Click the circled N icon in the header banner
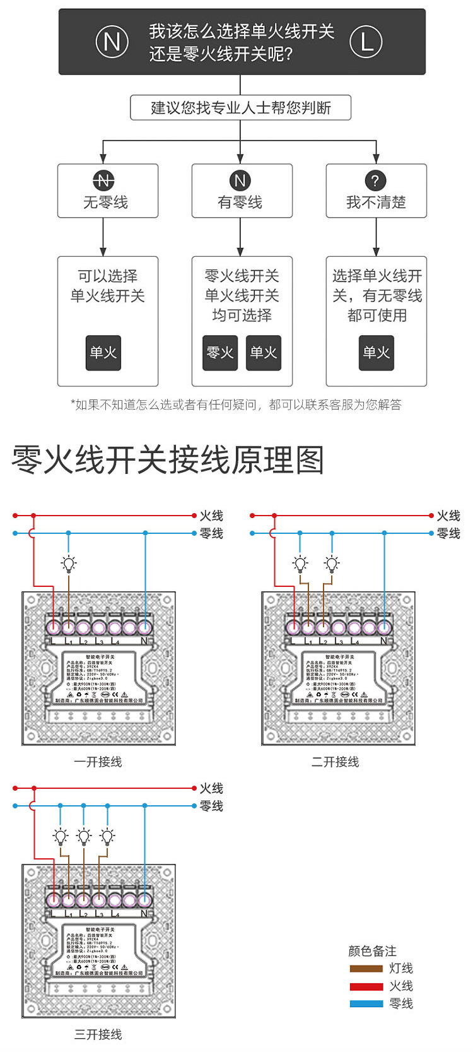click(x=112, y=42)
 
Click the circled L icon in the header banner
click(x=366, y=42)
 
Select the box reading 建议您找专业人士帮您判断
click(x=240, y=108)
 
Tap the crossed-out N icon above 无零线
click(x=104, y=181)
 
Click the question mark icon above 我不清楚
click(x=375, y=181)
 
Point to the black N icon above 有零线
click(x=240, y=181)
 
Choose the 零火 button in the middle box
click(x=220, y=353)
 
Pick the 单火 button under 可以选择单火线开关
click(x=103, y=353)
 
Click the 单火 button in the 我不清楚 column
click(x=376, y=353)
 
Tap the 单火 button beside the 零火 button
click(x=264, y=353)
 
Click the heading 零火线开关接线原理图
click(x=168, y=460)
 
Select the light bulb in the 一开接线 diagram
click(x=69, y=564)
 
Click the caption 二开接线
click(x=335, y=762)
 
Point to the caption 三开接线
click(x=98, y=1034)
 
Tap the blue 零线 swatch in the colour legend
click(x=366, y=1003)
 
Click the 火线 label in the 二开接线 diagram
click(x=448, y=516)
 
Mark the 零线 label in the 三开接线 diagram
click(x=211, y=806)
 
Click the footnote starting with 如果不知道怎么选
click(x=236, y=405)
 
